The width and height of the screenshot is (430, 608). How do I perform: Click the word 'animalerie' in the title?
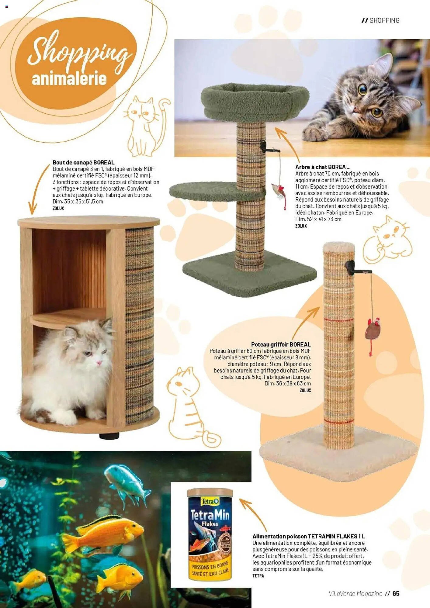coord(69,79)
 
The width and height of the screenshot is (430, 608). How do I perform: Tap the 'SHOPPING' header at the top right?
coord(384,20)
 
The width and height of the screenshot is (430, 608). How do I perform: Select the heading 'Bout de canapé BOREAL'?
coord(83,163)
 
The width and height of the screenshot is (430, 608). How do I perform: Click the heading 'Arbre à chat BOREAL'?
coord(322,167)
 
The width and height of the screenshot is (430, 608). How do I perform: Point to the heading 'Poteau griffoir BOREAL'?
coord(281,344)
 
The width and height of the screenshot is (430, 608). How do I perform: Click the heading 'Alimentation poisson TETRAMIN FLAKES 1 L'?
coord(309,537)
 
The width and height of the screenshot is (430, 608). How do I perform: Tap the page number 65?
coord(396,594)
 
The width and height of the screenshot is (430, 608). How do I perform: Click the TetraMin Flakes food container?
coord(210,535)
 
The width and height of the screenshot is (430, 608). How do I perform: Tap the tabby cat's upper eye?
coord(362,89)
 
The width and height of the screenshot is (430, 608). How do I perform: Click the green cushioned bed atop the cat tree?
coord(255,100)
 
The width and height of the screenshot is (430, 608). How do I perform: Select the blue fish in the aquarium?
coord(128,483)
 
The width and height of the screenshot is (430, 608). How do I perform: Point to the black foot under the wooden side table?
coord(109,436)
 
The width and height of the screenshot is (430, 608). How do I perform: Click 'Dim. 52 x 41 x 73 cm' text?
coord(318,219)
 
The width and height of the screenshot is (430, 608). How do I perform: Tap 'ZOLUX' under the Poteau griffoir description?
coord(305,390)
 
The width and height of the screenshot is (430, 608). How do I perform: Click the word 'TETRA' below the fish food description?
coord(258,576)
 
